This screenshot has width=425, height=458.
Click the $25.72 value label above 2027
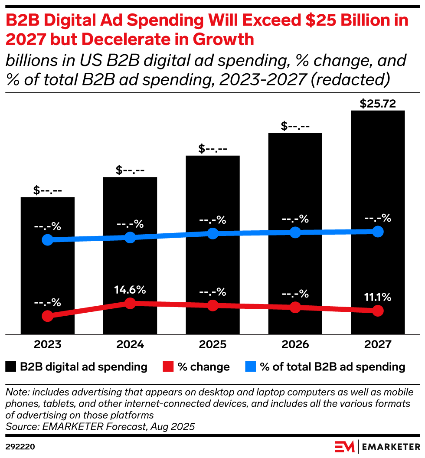(x=377, y=104)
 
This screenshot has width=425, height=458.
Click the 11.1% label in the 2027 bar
(x=378, y=298)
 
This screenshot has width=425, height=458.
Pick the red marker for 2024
(x=130, y=303)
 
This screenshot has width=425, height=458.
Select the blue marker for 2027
(x=378, y=231)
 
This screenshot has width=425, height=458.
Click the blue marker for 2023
(x=48, y=240)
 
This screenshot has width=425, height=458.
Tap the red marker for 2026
(x=295, y=308)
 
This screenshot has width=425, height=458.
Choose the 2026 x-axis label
(x=295, y=345)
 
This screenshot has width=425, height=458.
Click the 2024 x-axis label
(x=130, y=345)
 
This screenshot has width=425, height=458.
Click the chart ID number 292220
(x=20, y=446)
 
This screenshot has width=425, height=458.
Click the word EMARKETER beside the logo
(x=390, y=446)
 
